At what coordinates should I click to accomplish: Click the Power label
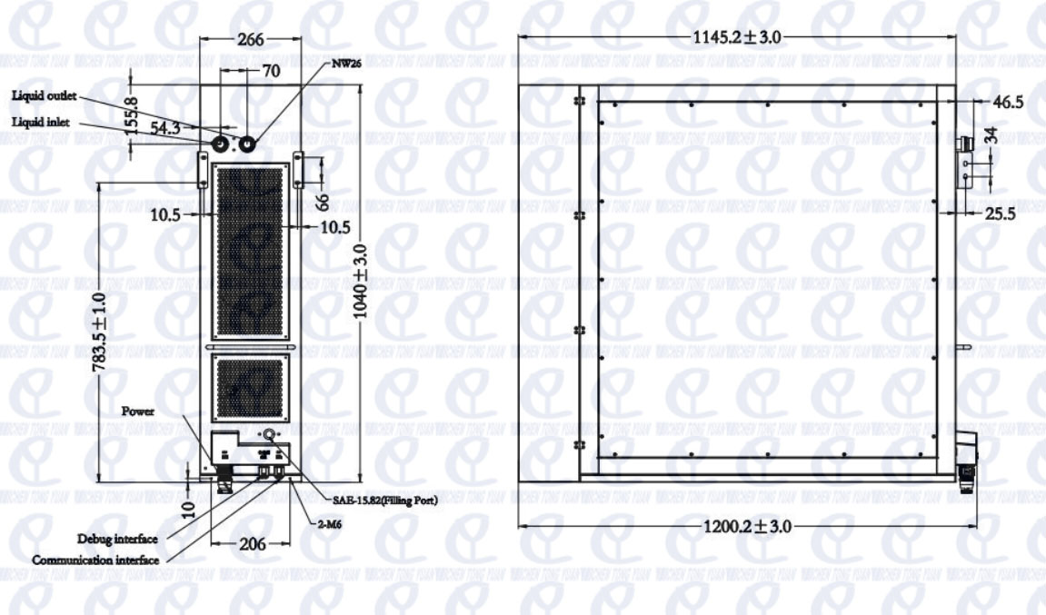click(x=137, y=410)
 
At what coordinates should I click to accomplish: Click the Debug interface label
click(x=115, y=540)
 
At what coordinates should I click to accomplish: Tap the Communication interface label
click(x=95, y=560)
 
